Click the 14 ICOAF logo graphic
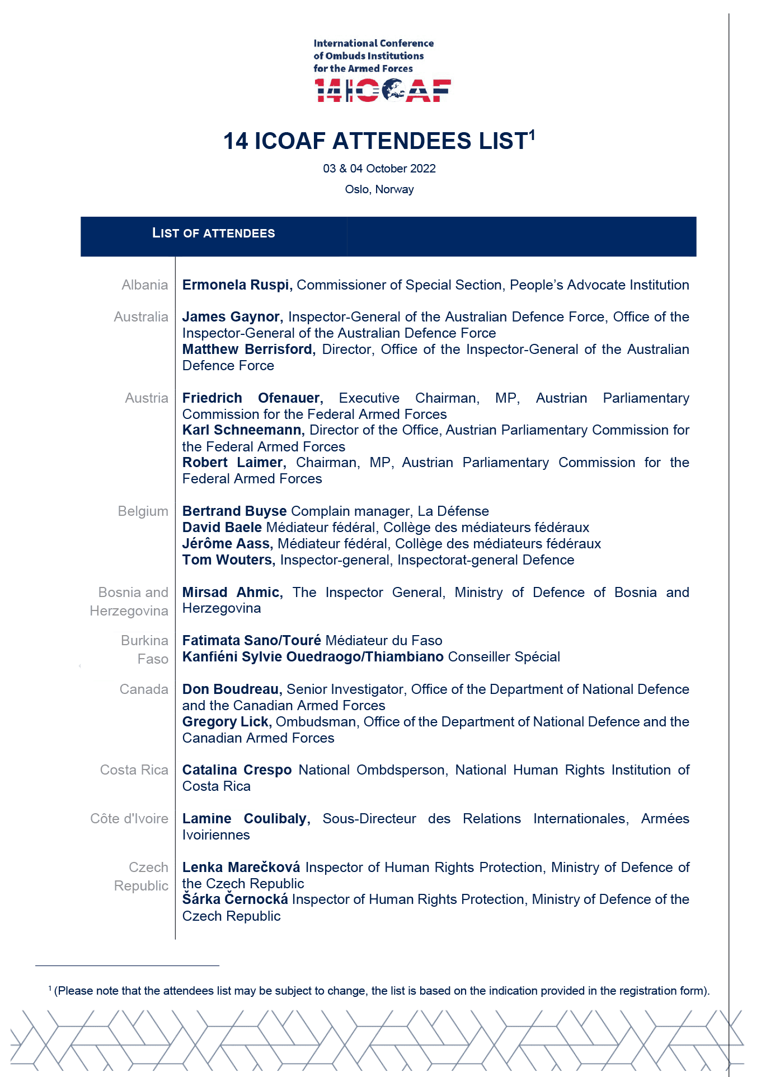[x=383, y=90]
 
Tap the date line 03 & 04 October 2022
[x=379, y=169]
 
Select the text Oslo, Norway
[x=379, y=189]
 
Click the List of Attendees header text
[x=213, y=234]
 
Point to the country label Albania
[x=145, y=285]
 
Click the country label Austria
[x=147, y=398]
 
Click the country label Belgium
[x=143, y=511]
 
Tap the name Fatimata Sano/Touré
[x=252, y=641]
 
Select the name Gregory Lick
[x=227, y=722]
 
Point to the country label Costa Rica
[x=134, y=770]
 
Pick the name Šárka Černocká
[x=235, y=899]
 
